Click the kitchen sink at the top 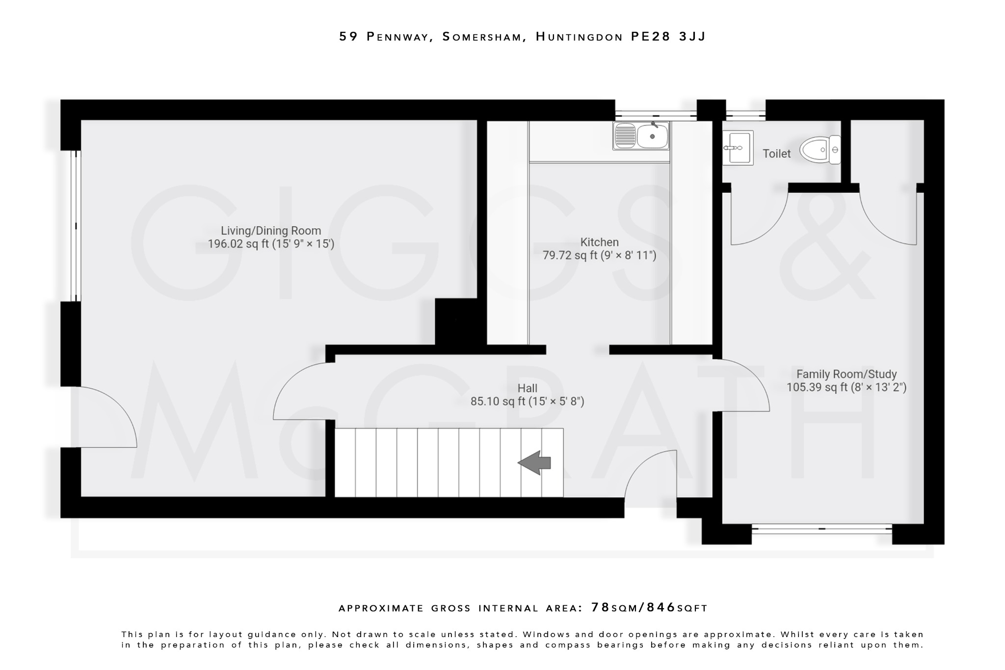click(x=641, y=135)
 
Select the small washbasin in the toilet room click(x=738, y=147)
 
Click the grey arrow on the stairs click(x=534, y=462)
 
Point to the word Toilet click(x=776, y=154)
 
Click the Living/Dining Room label click(x=271, y=231)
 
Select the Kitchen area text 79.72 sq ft click(x=599, y=255)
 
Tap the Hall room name click(x=528, y=388)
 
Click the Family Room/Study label click(x=846, y=374)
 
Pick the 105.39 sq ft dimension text click(x=846, y=387)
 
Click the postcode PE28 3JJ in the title click(x=668, y=37)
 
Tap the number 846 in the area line click(x=661, y=608)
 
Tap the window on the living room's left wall click(x=75, y=226)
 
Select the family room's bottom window click(x=821, y=529)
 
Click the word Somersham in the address click(x=481, y=37)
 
